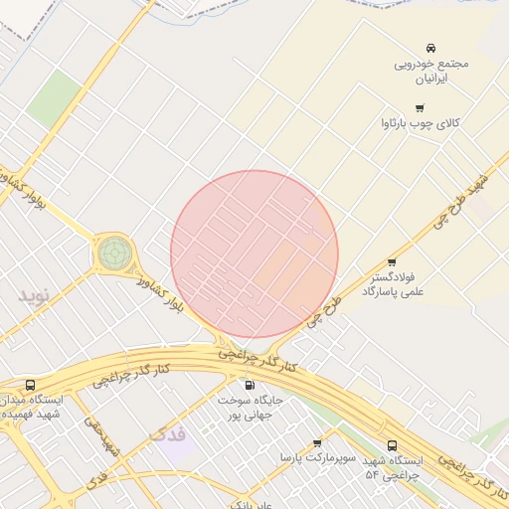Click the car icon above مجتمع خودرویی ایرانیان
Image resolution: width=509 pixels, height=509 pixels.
click(x=430, y=48)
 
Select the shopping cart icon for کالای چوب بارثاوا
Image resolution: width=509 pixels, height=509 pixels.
click(x=420, y=108)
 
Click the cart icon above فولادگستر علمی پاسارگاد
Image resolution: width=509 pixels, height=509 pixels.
click(x=391, y=262)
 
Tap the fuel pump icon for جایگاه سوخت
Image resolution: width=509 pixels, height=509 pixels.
click(x=249, y=385)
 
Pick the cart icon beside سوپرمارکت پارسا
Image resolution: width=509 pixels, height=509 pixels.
click(x=317, y=443)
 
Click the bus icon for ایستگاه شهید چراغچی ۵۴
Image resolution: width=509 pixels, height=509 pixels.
click(x=392, y=446)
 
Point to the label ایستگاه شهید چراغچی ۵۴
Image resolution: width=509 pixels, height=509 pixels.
click(x=394, y=468)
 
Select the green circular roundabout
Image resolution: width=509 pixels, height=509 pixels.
click(x=113, y=253)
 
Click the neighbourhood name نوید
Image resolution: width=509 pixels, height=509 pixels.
click(x=33, y=295)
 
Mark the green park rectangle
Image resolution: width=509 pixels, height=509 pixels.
click(x=53, y=97)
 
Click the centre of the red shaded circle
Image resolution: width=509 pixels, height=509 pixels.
click(x=254, y=254)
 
